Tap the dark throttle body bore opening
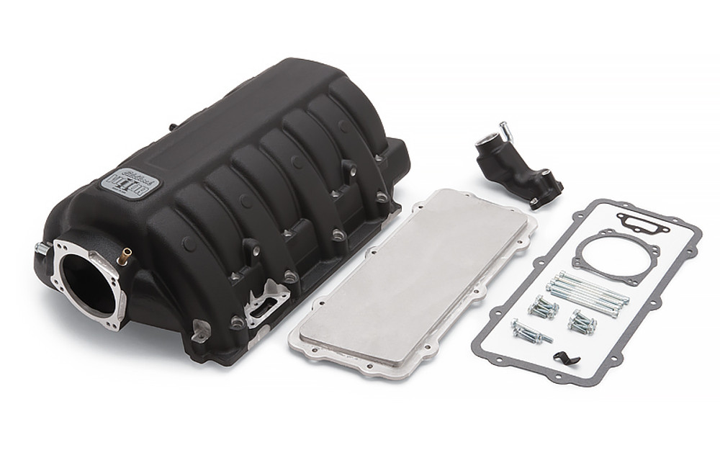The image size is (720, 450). (x=84, y=282)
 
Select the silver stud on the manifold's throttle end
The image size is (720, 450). (x=42, y=248)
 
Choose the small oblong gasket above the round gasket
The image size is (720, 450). (x=643, y=223)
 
